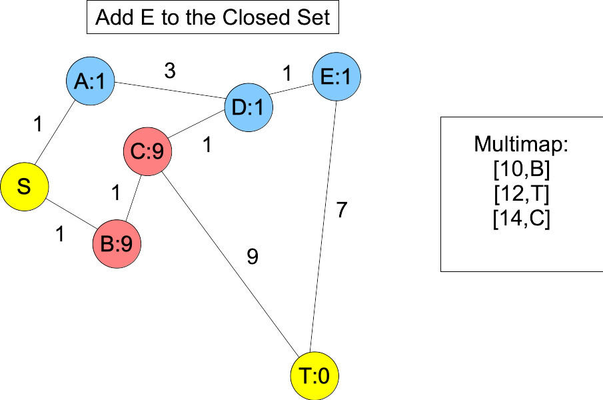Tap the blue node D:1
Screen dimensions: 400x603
coord(249,107)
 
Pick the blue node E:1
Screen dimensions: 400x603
coord(336,77)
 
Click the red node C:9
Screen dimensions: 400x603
coord(147,152)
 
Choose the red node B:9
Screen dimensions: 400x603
coord(117,244)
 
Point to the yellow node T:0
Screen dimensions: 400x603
coord(314,377)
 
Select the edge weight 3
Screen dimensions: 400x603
coord(170,71)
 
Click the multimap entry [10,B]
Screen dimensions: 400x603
coord(522,171)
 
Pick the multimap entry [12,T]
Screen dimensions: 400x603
coord(522,195)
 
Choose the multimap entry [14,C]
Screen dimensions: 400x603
coord(522,219)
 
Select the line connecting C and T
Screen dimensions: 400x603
coord(227,257)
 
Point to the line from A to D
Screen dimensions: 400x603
coord(170,91)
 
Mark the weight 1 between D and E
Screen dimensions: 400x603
coord(287,73)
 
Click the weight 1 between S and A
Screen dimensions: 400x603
coord(38,123)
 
